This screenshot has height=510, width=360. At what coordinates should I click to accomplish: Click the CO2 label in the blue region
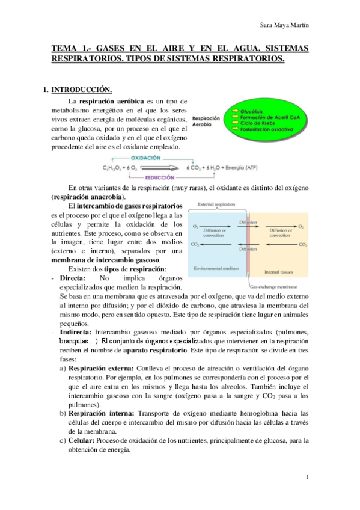[x=195, y=245]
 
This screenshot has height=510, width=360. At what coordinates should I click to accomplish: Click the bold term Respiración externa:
[x=102, y=367]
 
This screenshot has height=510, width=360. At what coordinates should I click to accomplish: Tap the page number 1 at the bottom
[x=307, y=479]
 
